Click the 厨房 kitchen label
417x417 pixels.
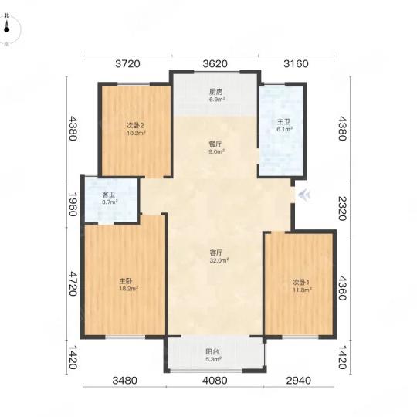[x=215, y=92]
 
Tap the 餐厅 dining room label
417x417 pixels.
[x=215, y=144]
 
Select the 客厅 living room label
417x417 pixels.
[x=216, y=253]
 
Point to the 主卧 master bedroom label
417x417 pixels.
[x=126, y=281]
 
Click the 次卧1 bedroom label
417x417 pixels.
[x=301, y=282]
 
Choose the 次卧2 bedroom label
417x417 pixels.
[x=135, y=125]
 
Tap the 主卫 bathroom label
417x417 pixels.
[x=283, y=122]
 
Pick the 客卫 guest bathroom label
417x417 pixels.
[x=109, y=195]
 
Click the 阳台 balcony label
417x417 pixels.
[x=212, y=352]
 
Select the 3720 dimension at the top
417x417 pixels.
[x=127, y=64]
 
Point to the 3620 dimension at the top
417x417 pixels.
[x=215, y=64]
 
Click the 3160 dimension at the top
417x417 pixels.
[x=297, y=64]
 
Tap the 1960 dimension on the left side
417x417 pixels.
[x=73, y=204]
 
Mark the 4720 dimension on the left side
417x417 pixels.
[x=73, y=283]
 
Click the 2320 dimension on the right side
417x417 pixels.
[x=342, y=208]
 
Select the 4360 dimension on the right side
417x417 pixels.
[x=342, y=288]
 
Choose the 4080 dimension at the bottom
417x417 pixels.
[x=215, y=381]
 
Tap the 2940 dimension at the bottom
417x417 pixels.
[x=299, y=381]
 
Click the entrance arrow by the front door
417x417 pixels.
[x=304, y=195]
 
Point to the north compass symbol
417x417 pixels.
[x=7, y=29]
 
